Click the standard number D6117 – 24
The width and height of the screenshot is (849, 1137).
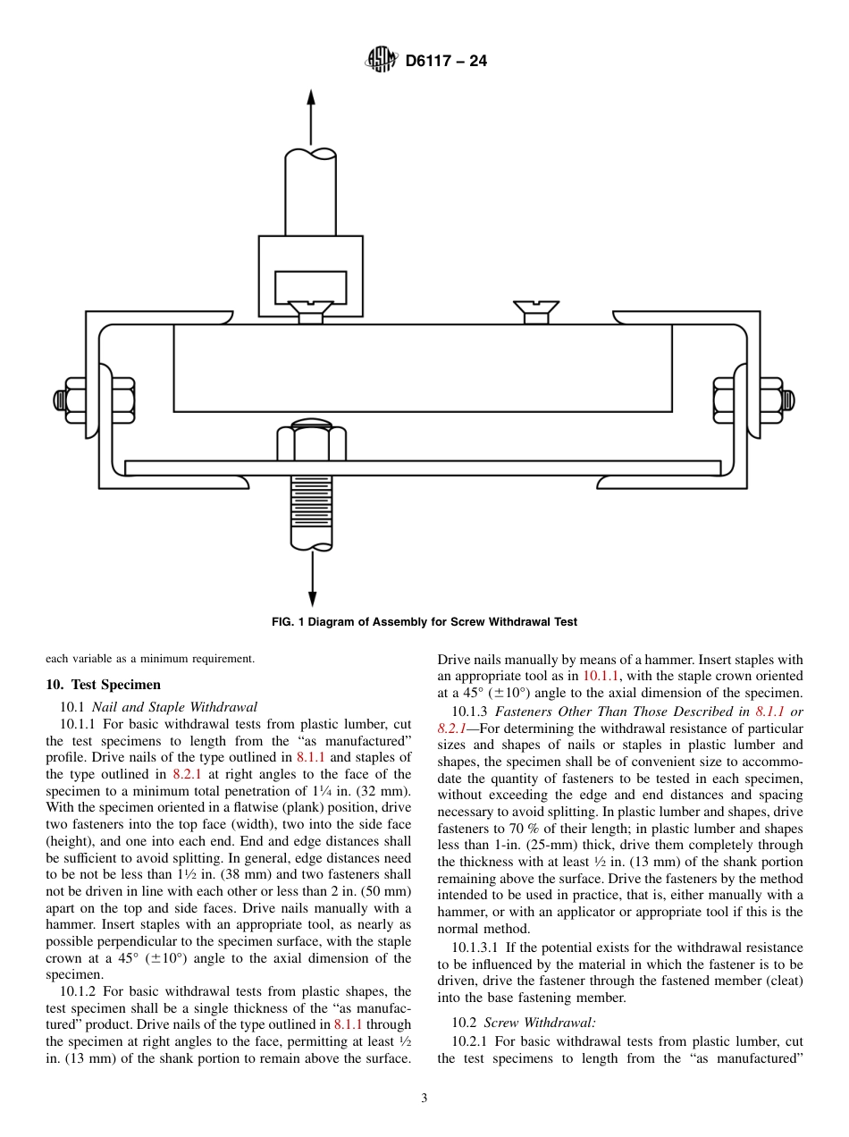pyautogui.click(x=446, y=62)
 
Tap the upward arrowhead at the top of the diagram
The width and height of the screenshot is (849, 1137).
pyautogui.click(x=311, y=100)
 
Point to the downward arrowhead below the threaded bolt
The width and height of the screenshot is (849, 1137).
pyautogui.click(x=311, y=598)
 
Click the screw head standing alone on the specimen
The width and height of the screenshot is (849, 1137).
pyautogui.click(x=536, y=311)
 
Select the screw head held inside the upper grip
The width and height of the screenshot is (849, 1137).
pyautogui.click(x=310, y=312)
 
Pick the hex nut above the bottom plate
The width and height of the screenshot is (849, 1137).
pyautogui.click(x=311, y=443)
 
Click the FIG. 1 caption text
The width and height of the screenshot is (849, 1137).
pyautogui.click(x=424, y=622)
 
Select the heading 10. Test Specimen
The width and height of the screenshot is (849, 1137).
pyautogui.click(x=103, y=685)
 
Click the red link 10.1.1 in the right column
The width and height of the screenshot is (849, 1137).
pyautogui.click(x=599, y=676)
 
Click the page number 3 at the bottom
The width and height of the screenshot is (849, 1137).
pyautogui.click(x=424, y=1099)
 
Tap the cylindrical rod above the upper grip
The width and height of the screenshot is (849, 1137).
pyautogui.click(x=311, y=192)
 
